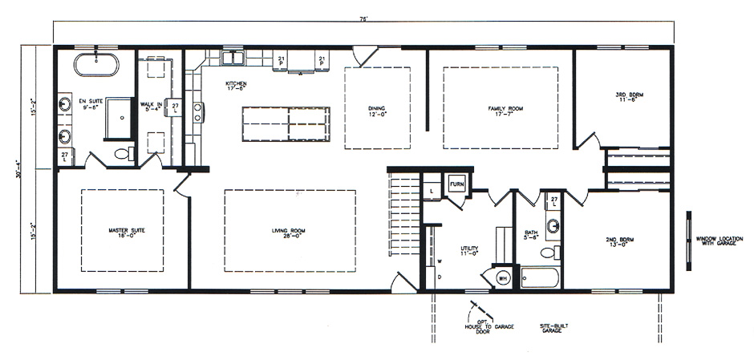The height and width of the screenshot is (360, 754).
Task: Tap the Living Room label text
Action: point(289,232)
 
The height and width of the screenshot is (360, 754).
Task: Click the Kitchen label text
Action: point(235,86)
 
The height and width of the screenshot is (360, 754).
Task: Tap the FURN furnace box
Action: point(456,184)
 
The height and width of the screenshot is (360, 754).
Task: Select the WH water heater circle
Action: point(503,277)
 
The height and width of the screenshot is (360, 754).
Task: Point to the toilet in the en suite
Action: point(123,153)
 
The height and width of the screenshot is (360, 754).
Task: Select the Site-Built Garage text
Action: point(550,328)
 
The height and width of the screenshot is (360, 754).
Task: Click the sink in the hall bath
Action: point(553,225)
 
